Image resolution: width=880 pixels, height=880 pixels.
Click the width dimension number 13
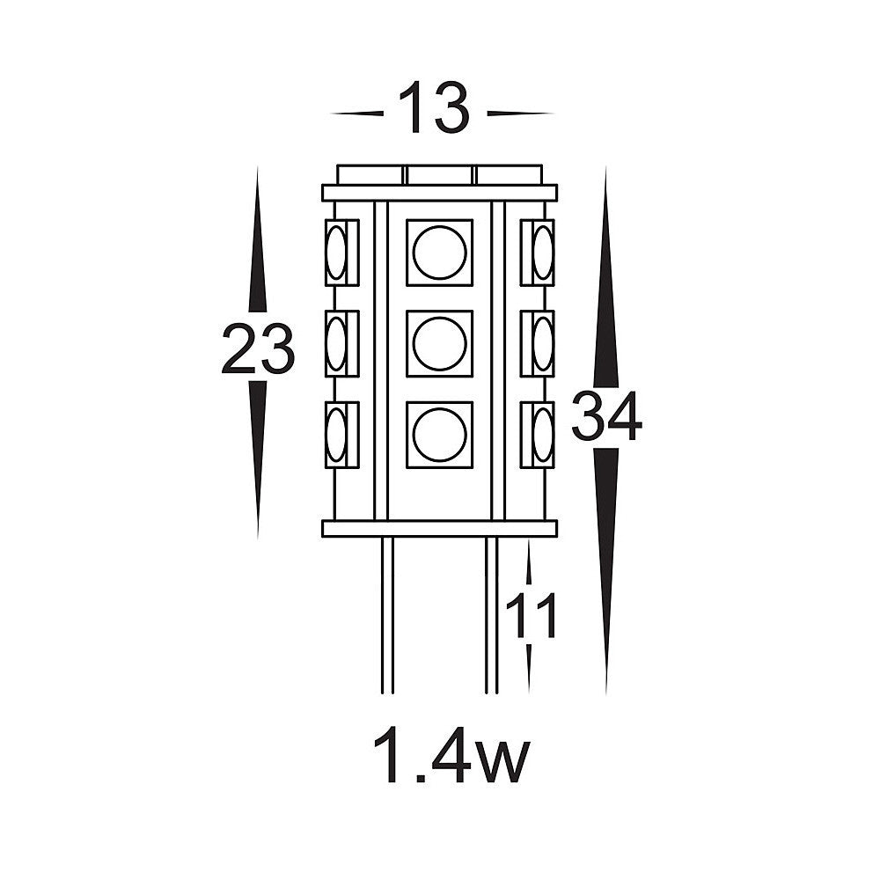(435, 108)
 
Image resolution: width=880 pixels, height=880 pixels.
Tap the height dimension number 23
(257, 348)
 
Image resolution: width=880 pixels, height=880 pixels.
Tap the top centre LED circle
(439, 253)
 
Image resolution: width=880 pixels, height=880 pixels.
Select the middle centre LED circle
(439, 343)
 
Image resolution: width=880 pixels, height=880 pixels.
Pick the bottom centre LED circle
(439, 435)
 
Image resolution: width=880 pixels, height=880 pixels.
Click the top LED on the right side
(541, 253)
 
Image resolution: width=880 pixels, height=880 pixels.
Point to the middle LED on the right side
(541, 343)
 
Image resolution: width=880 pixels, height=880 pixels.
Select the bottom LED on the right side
(541, 435)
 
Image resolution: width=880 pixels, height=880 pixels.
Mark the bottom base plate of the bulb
(439, 528)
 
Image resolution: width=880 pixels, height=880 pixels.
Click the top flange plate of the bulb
(439, 193)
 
